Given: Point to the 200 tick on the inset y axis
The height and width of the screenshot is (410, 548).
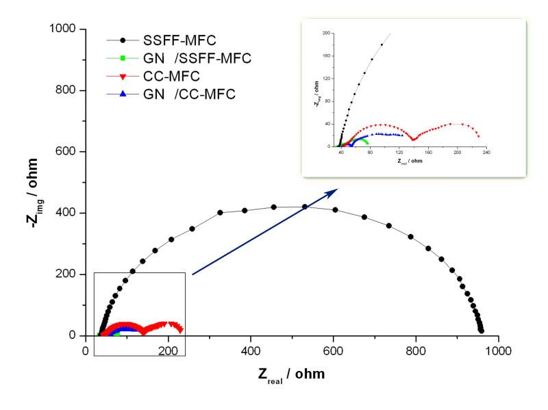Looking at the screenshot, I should tap(327, 32).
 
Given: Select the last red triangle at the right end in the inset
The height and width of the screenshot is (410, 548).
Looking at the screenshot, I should tap(478, 136).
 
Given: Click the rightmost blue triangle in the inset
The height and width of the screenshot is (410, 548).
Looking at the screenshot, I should tap(421, 135).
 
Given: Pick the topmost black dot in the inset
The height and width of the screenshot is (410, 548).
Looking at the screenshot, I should tap(382, 44).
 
